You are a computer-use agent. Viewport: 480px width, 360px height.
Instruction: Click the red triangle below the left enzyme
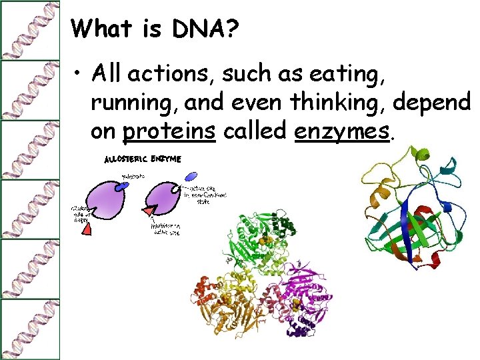[87, 229]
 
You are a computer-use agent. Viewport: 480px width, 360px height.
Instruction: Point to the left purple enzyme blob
[107, 203]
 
